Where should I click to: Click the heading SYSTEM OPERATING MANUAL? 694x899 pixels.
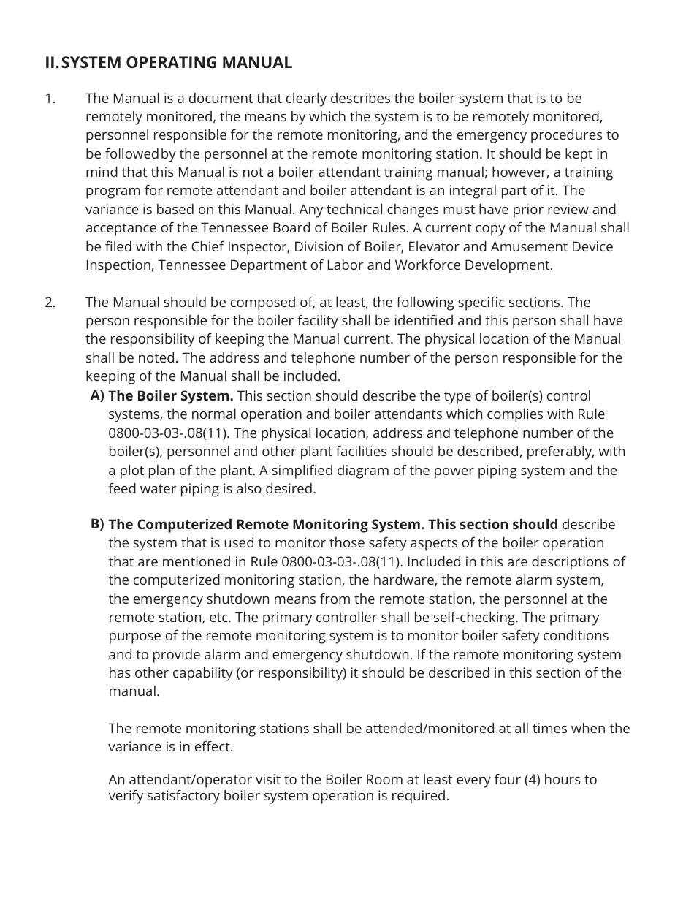(176, 63)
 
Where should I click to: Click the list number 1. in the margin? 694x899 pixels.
(50, 98)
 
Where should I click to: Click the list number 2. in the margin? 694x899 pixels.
(50, 302)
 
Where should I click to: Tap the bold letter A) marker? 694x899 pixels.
(97, 395)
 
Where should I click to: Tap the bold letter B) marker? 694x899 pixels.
(97, 523)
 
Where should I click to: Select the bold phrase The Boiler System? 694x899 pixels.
(171, 396)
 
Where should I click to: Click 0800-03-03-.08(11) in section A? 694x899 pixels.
(167, 433)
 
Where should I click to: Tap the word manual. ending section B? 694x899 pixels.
(134, 691)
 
